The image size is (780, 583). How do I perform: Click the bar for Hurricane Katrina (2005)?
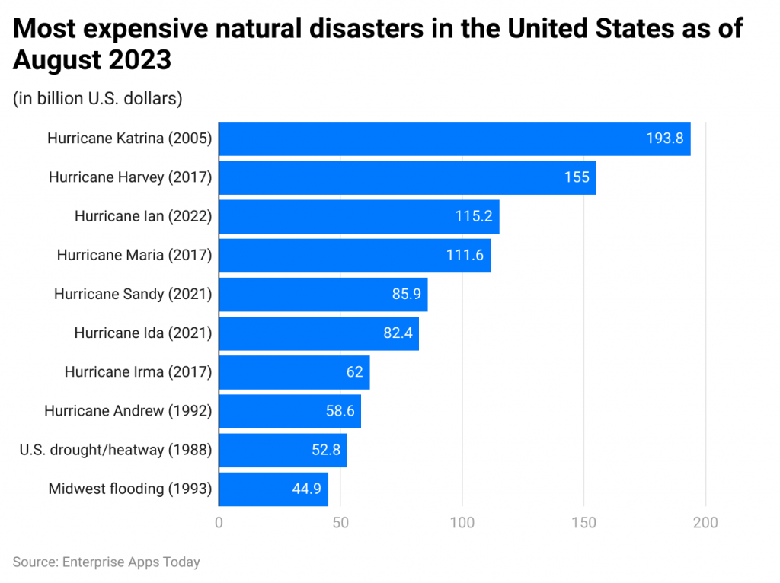tap(454, 139)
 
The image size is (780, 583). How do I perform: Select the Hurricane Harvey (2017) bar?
tap(407, 177)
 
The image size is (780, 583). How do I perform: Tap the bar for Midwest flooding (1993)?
tap(273, 489)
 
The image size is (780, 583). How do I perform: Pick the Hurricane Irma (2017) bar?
tap(294, 372)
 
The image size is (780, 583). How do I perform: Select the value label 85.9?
tap(406, 294)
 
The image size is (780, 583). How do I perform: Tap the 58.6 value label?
tap(339, 411)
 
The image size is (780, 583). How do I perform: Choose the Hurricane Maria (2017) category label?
tap(133, 255)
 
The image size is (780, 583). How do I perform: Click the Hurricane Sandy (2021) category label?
tap(132, 294)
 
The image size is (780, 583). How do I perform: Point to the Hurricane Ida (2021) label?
tap(142, 333)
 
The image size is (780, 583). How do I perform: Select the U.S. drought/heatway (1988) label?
tap(115, 450)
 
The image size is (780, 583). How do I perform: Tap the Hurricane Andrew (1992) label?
tap(127, 411)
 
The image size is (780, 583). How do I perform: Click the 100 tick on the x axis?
tap(462, 523)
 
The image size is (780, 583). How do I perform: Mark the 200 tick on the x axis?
tap(705, 523)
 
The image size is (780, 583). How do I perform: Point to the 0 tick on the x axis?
tap(219, 523)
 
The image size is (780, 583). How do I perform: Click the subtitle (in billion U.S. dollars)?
tap(97, 98)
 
